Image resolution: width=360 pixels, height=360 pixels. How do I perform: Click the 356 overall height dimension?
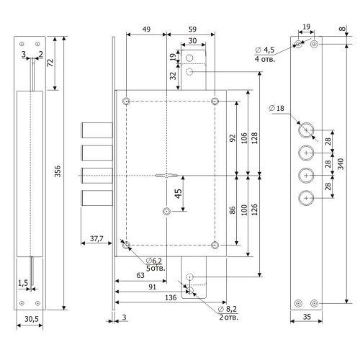point(58,171)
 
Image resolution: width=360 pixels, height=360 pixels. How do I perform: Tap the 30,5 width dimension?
point(31,319)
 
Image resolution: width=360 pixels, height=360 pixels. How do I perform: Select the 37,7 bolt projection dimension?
point(96,238)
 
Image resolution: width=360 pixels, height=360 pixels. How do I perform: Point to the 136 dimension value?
point(171,297)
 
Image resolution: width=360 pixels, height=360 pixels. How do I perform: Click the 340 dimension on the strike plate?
point(341,164)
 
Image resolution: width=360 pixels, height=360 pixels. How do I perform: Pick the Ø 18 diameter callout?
point(276,108)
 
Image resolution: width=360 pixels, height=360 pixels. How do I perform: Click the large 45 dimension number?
point(178,194)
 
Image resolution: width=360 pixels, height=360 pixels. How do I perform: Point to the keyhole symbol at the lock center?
point(166,176)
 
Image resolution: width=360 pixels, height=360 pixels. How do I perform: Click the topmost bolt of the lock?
point(97,130)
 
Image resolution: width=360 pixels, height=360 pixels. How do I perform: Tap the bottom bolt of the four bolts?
point(97,198)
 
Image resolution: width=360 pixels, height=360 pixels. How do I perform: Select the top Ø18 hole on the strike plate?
point(306,130)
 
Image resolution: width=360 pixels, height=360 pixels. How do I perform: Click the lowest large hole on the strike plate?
point(306,198)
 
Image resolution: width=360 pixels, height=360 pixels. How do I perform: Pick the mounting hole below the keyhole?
point(166,212)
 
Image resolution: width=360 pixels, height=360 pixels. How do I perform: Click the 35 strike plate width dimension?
point(307,317)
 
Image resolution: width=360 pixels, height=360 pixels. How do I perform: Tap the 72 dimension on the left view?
point(50,63)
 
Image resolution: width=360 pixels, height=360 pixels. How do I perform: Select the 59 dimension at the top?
point(192,30)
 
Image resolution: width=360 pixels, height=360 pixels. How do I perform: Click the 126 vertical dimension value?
point(254,210)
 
